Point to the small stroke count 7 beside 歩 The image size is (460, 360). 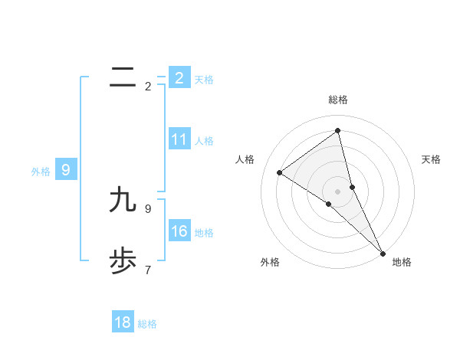pyautogui.click(x=148, y=270)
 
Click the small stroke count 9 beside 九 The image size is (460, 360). pyautogui.click(x=148, y=208)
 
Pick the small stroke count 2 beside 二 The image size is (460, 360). pyautogui.click(x=148, y=87)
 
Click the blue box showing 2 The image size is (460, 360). pyautogui.click(x=179, y=78)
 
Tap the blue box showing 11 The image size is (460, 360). pyautogui.click(x=179, y=139)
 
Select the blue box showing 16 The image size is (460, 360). pyautogui.click(x=179, y=231)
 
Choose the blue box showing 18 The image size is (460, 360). pyautogui.click(x=123, y=322)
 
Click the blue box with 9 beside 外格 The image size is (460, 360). pyautogui.click(x=66, y=170)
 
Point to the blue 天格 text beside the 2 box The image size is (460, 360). pyautogui.click(x=204, y=80)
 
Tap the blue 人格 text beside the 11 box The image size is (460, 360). pyautogui.click(x=204, y=141)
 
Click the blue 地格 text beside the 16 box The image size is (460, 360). pyautogui.click(x=204, y=233)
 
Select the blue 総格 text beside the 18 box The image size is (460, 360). pyautogui.click(x=147, y=324)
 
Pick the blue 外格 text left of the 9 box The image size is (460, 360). pyautogui.click(x=41, y=172)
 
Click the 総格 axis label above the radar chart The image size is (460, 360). pyautogui.click(x=338, y=100)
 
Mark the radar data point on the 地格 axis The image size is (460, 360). pyautogui.click(x=383, y=253)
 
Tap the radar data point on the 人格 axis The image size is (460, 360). pyautogui.click(x=280, y=172)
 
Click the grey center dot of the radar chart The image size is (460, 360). pyautogui.click(x=338, y=191)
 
